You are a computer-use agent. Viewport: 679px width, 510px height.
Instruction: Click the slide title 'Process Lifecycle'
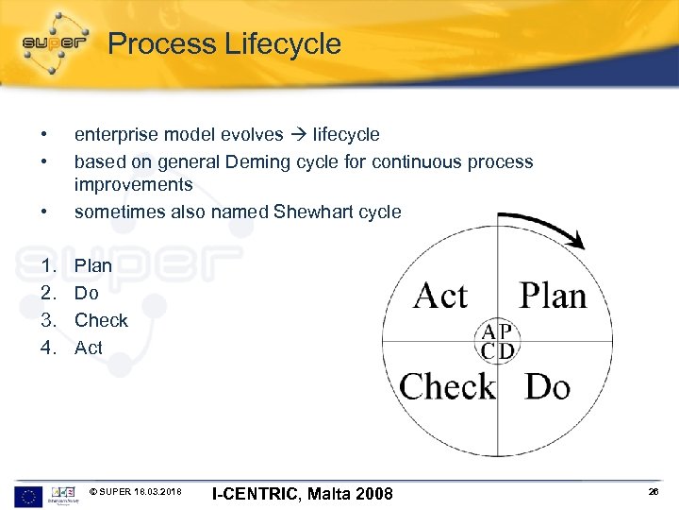pyautogui.click(x=224, y=43)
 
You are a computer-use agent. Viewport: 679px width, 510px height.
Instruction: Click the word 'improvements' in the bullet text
pyautogui.click(x=133, y=184)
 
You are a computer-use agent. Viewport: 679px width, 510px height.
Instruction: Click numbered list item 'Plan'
pyautogui.click(x=93, y=265)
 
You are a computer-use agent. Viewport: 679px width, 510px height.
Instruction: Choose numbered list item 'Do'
pyautogui.click(x=86, y=293)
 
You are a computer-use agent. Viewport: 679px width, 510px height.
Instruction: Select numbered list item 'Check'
pyautogui.click(x=101, y=320)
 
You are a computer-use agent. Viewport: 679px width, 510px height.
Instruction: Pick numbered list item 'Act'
pyautogui.click(x=89, y=348)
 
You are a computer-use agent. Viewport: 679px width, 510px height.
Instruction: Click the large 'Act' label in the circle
pyautogui.click(x=440, y=296)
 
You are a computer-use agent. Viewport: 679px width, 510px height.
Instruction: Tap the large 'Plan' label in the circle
pyautogui.click(x=553, y=296)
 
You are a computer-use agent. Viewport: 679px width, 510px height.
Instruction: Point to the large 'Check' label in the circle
pyautogui.click(x=447, y=386)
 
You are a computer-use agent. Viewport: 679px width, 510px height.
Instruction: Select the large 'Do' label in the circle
pyautogui.click(x=548, y=386)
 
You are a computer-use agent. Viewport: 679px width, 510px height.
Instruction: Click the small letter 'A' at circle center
pyautogui.click(x=488, y=331)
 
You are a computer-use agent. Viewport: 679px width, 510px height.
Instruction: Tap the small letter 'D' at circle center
pyautogui.click(x=506, y=351)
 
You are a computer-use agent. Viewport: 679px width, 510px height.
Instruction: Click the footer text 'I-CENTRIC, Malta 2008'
pyautogui.click(x=303, y=494)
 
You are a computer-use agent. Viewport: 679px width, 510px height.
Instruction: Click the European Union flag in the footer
pyautogui.click(x=28, y=494)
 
